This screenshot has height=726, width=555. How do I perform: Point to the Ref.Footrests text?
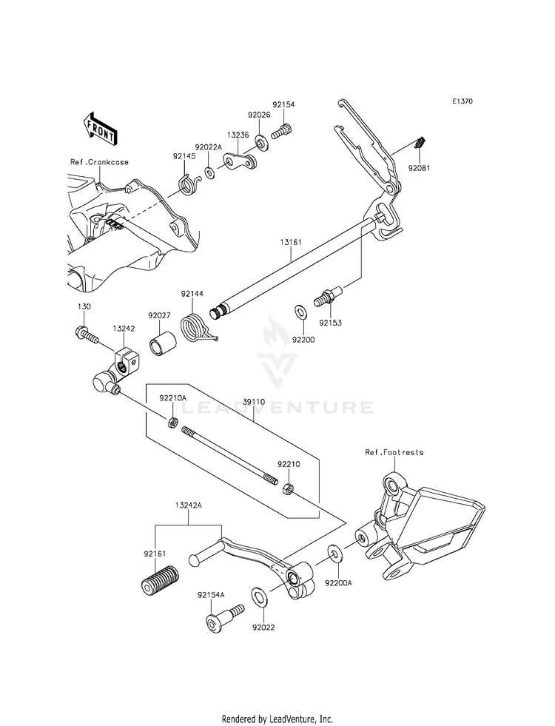[x=394, y=451]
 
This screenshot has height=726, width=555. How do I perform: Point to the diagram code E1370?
[x=464, y=101]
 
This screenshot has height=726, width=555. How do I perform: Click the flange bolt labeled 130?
[x=87, y=337]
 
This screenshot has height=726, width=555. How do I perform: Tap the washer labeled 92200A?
[x=334, y=553]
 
